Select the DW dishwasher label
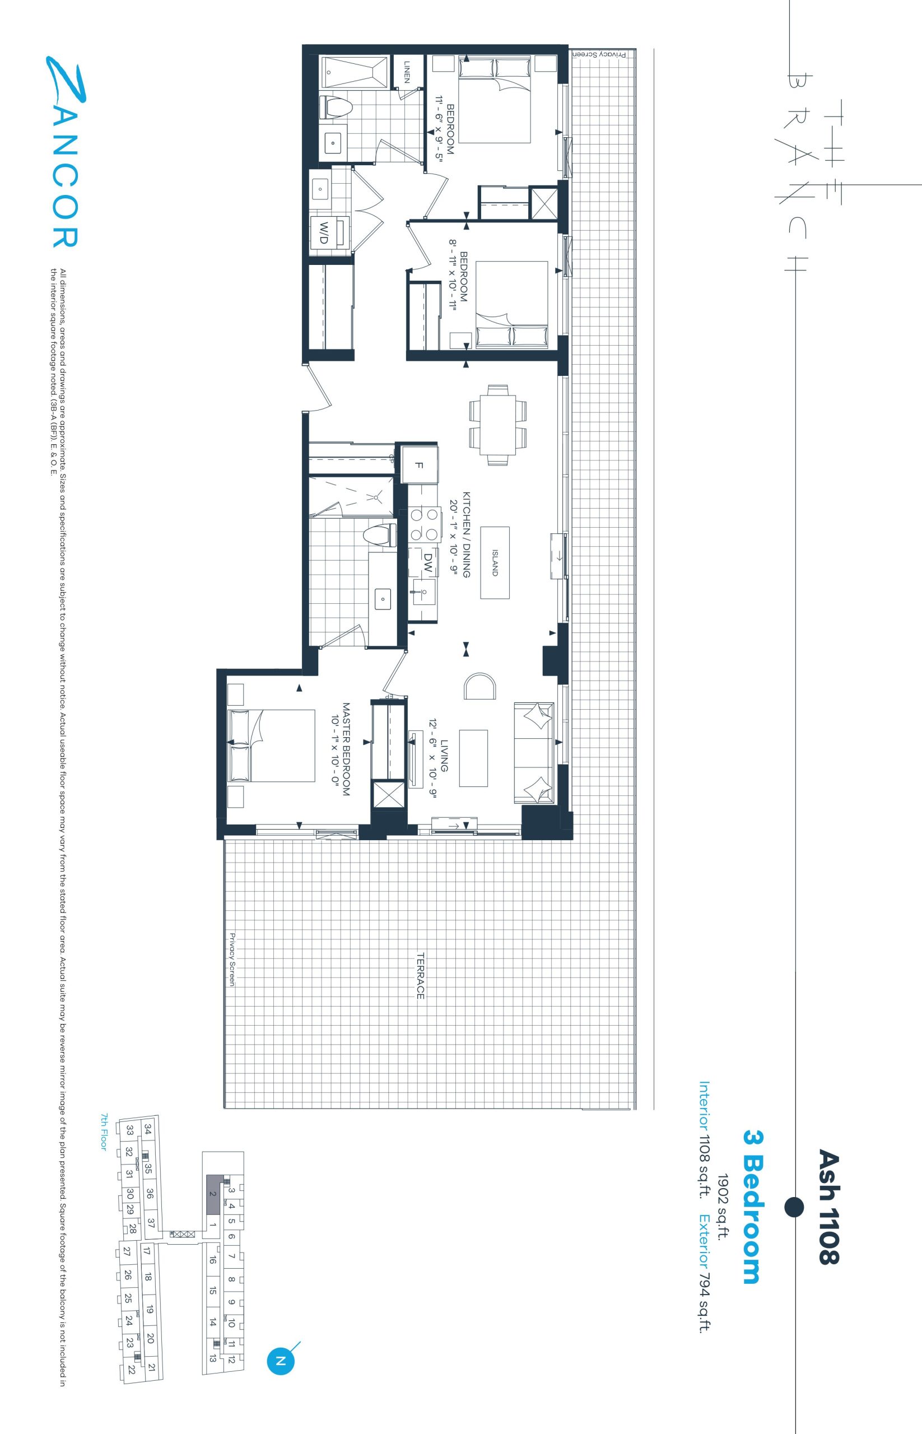click(427, 564)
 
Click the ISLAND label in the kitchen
click(495, 562)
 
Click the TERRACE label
click(420, 976)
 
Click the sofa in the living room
click(534, 753)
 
